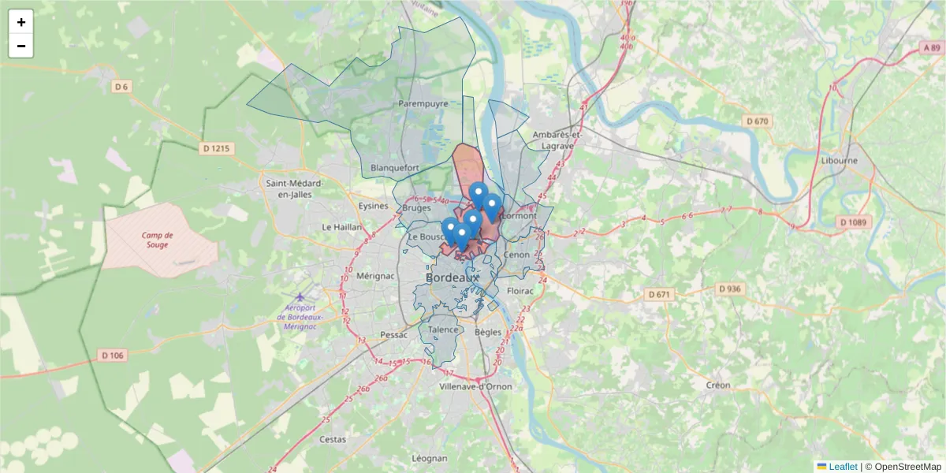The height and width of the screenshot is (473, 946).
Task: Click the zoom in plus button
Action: (21, 22)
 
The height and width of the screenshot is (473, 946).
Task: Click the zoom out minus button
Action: (21, 46)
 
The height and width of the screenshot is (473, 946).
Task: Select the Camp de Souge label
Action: (158, 240)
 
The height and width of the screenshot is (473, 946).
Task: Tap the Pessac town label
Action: (393, 334)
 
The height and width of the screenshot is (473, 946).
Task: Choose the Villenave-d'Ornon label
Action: (475, 386)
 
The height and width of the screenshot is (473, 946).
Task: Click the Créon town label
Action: (718, 385)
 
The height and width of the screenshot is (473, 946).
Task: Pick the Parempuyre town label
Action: (423, 103)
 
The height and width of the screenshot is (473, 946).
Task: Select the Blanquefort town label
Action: (394, 168)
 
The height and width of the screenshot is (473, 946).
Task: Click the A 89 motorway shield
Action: (931, 48)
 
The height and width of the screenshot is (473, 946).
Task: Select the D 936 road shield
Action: (731, 289)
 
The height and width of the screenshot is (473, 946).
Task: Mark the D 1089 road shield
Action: (854, 222)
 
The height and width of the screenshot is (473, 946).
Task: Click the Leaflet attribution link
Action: (843, 467)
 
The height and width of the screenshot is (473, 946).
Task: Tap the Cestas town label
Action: (333, 439)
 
